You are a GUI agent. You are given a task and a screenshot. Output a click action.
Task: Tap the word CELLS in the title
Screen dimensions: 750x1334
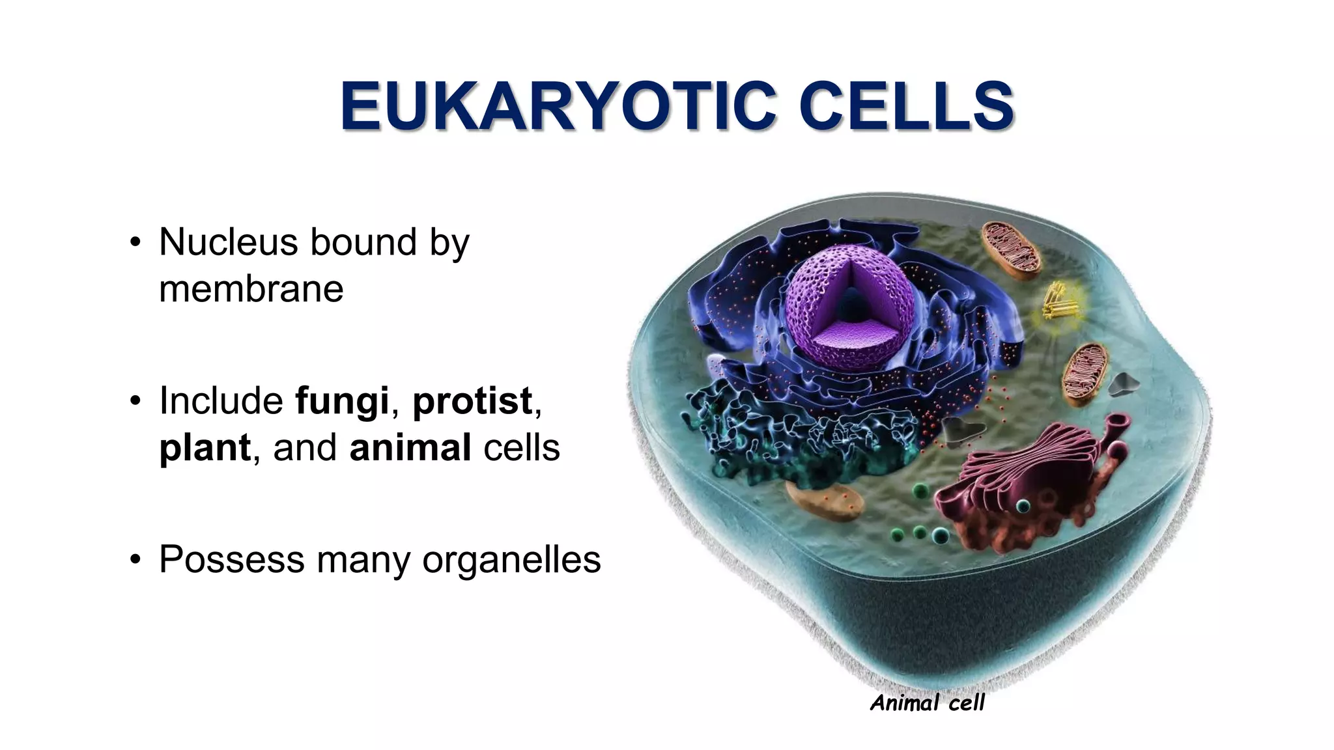point(906,106)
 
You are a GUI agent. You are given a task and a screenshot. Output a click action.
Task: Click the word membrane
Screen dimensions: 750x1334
point(251,289)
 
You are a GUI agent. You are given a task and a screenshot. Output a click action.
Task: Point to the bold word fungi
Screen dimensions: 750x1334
point(342,400)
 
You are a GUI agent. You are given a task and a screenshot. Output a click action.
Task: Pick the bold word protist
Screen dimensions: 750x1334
point(472,400)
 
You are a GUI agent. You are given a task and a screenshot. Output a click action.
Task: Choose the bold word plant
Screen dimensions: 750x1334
point(205,448)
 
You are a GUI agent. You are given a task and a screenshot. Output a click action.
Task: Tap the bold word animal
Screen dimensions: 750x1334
point(410,448)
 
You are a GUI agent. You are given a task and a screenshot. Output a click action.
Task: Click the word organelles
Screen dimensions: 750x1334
point(511,559)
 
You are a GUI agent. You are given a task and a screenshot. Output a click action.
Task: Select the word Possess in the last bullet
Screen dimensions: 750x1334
point(231,559)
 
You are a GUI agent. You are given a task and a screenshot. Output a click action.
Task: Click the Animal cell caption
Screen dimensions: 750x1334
point(927,703)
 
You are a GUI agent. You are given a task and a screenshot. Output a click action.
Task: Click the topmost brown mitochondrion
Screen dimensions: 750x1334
point(1011,249)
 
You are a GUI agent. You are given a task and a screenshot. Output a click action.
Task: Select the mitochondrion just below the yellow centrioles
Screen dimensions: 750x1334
point(1085,375)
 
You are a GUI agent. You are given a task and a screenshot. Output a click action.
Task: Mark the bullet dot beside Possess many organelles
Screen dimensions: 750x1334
point(135,559)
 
